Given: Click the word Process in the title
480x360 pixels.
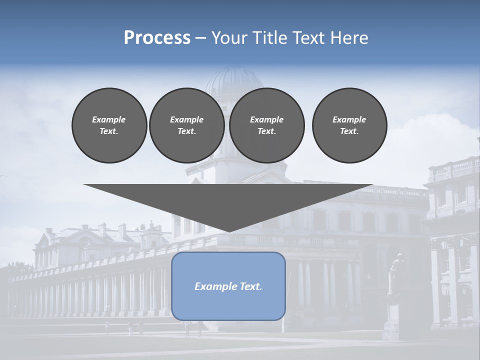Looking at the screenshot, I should tap(157, 38).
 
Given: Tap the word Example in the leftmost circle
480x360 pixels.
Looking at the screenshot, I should tap(109, 119).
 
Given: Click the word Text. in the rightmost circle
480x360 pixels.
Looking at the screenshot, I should tap(349, 131).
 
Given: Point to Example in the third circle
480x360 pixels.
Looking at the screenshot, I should tap(266, 119).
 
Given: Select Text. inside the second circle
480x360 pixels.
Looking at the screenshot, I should tap(187, 131).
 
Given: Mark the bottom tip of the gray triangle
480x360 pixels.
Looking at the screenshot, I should tap(228, 231).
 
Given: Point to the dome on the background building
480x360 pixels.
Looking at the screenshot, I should tap(234, 82).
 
